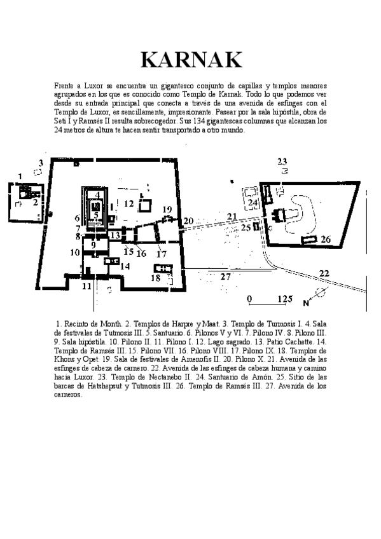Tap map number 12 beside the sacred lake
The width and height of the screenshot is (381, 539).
point(129,203)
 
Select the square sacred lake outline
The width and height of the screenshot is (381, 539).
point(145,205)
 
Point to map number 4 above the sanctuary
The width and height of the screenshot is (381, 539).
point(97,194)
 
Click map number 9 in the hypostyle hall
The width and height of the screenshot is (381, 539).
point(93,245)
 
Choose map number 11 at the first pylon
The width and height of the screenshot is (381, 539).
point(87,286)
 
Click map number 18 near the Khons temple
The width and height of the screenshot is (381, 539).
point(155,278)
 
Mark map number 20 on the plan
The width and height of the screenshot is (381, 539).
point(188,221)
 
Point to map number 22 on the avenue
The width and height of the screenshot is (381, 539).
point(324,273)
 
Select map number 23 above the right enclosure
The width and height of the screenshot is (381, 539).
point(282,161)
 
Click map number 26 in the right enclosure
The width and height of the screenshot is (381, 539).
point(326,240)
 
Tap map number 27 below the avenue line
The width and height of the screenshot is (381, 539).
point(225,276)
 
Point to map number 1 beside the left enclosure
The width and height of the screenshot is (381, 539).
point(20,175)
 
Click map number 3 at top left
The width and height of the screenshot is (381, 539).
point(41,163)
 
